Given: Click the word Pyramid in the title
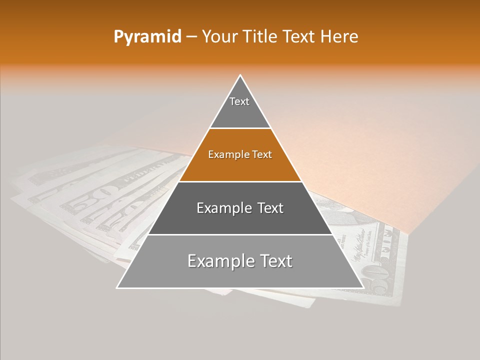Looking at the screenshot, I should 147,37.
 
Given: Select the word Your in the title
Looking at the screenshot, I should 220,37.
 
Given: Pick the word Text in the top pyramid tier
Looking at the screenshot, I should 239,101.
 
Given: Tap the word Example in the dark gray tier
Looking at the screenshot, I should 222,208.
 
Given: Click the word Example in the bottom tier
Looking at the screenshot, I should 218,261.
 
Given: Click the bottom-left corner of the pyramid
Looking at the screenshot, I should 117,287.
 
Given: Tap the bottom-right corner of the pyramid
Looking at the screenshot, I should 363,287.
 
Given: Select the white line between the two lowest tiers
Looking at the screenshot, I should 240,234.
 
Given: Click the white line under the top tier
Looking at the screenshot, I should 240,128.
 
